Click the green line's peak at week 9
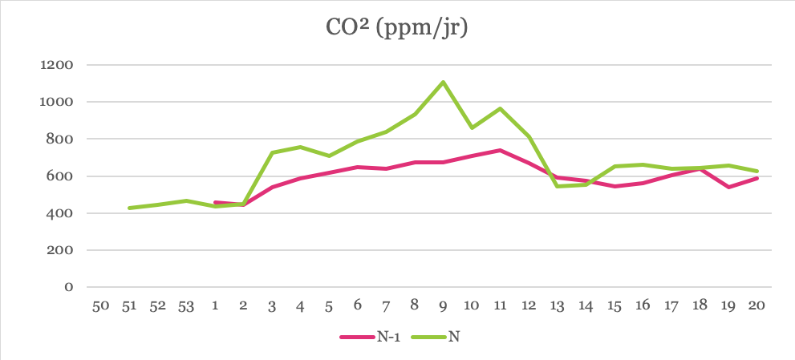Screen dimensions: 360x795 point(443,82)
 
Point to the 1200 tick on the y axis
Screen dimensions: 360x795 point(57,65)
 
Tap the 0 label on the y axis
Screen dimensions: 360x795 point(69,287)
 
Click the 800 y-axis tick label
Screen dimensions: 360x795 point(61,139)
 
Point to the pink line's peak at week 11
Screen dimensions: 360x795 point(500,150)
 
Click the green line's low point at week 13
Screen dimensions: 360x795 point(557,186)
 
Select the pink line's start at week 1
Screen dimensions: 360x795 point(214,202)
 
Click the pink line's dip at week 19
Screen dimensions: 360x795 point(728,187)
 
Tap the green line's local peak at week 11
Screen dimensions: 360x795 point(500,108)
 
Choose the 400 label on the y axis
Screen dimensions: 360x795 point(61,213)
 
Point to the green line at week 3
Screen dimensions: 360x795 point(271,152)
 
